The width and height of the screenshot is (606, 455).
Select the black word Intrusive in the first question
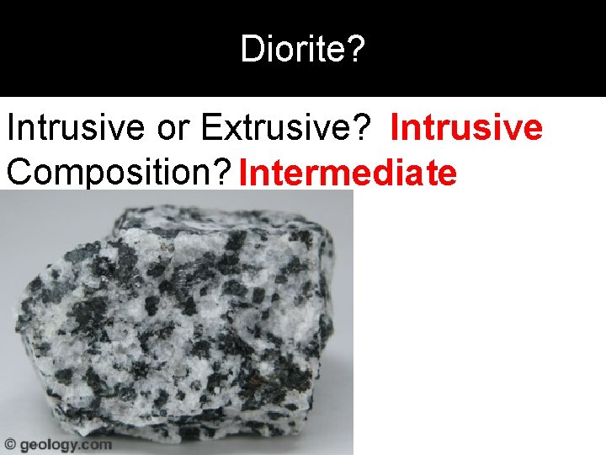tap(68, 129)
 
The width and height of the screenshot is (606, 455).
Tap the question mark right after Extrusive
tap(362, 129)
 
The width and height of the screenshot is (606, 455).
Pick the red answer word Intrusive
tap(466, 129)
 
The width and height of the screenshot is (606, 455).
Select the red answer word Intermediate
tap(348, 173)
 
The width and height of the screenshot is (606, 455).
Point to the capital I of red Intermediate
tap(242, 173)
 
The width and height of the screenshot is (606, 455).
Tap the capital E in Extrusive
tap(210, 129)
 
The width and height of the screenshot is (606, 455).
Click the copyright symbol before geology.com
tap(10, 444)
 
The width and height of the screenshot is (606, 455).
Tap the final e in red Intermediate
tap(448, 174)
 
